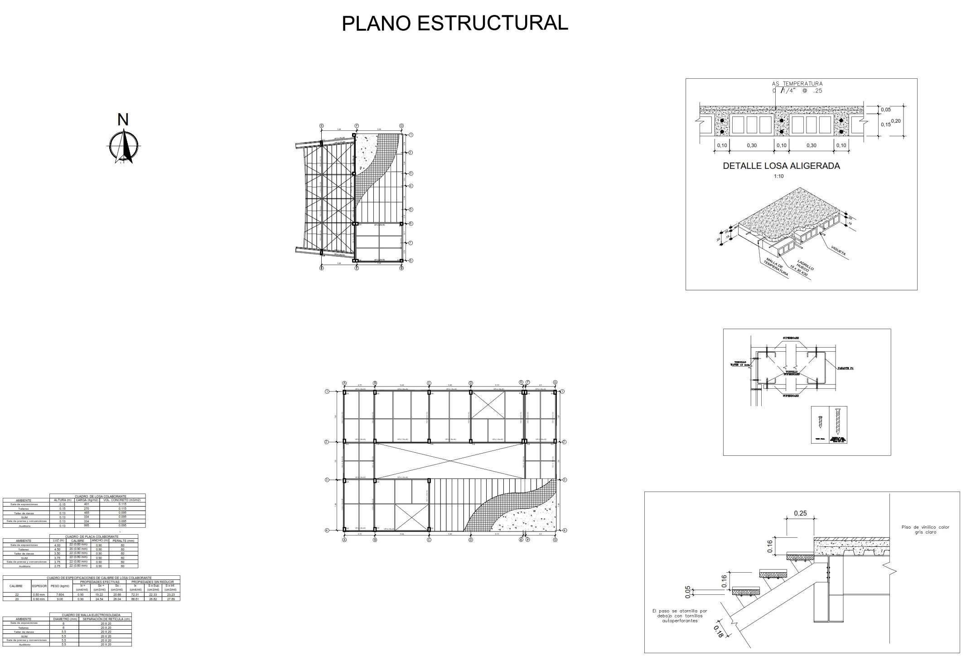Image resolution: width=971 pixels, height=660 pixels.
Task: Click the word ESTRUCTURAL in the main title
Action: point(492,23)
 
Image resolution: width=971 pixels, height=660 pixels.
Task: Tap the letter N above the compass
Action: point(123,120)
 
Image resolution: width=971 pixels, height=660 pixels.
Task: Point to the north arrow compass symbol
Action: point(124,146)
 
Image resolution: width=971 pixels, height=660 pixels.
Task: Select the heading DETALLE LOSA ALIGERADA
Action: point(781,166)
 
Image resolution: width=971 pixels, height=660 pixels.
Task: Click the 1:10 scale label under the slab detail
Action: point(778,176)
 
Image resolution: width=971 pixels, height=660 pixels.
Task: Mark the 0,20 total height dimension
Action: point(896,121)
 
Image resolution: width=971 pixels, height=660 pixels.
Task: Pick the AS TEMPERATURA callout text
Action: point(797,84)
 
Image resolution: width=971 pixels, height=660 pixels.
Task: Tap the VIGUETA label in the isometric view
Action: point(839,251)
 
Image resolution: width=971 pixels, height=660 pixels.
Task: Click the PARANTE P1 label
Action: point(845,368)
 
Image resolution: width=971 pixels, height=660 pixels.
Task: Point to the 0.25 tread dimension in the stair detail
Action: point(801,513)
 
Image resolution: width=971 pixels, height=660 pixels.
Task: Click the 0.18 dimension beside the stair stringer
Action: point(718,631)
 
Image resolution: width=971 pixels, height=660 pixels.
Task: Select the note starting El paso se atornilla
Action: point(676,616)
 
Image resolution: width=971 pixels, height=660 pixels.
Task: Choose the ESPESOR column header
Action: point(39,586)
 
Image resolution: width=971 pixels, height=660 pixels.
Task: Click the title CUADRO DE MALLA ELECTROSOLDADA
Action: point(91,615)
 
